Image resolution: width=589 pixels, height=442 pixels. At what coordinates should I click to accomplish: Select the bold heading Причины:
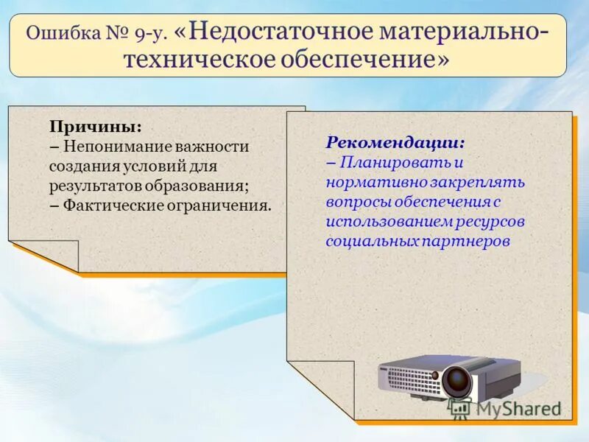tap(96, 126)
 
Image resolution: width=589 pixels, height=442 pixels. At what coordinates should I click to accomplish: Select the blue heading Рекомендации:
tap(395, 141)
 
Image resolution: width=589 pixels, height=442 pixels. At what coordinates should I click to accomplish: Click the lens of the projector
tap(456, 380)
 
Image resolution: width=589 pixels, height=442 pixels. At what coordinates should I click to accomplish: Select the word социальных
tap(371, 242)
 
